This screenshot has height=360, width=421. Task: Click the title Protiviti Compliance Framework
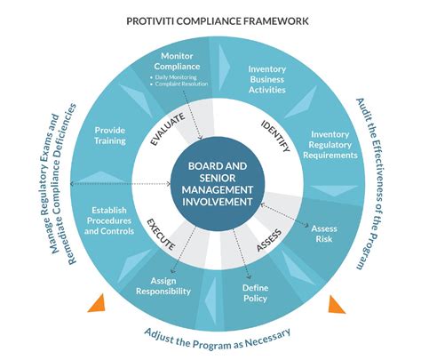click(210, 19)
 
